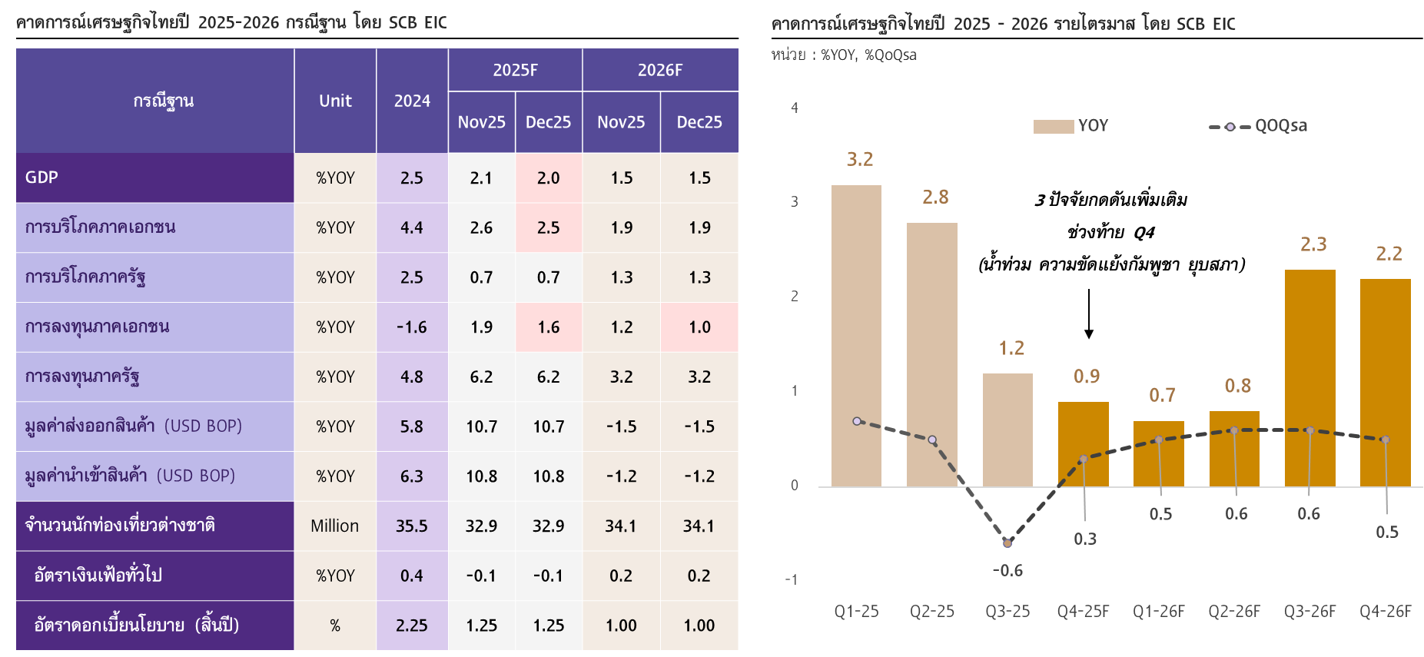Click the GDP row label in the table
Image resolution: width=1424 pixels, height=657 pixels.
coord(42,178)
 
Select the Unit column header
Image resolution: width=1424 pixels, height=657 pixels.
coord(335,101)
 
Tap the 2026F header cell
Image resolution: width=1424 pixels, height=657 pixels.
coord(659,70)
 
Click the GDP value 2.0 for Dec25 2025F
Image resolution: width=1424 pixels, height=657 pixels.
coord(548,178)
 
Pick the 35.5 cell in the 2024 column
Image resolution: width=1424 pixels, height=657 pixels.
coord(411,526)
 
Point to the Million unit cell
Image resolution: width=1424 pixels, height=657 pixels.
coord(334,526)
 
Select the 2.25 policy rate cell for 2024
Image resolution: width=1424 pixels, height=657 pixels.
coord(411,625)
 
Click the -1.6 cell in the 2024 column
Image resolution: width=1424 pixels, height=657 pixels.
coord(411,327)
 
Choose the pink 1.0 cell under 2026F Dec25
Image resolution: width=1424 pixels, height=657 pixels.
coord(699,327)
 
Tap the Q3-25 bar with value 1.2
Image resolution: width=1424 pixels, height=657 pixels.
coord(1007,430)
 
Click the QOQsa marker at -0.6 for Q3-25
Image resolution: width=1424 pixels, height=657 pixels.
coord(1007,543)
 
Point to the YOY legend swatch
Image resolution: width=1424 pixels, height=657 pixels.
coord(1053,127)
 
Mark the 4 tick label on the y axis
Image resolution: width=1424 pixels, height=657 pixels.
coord(795,108)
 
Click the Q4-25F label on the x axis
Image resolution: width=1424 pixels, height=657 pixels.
coord(1083,612)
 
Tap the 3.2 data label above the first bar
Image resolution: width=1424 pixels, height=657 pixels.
coord(859,159)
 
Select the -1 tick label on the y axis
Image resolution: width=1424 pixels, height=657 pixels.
coord(792,579)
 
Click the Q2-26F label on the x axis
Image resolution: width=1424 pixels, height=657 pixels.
coord(1234,612)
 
